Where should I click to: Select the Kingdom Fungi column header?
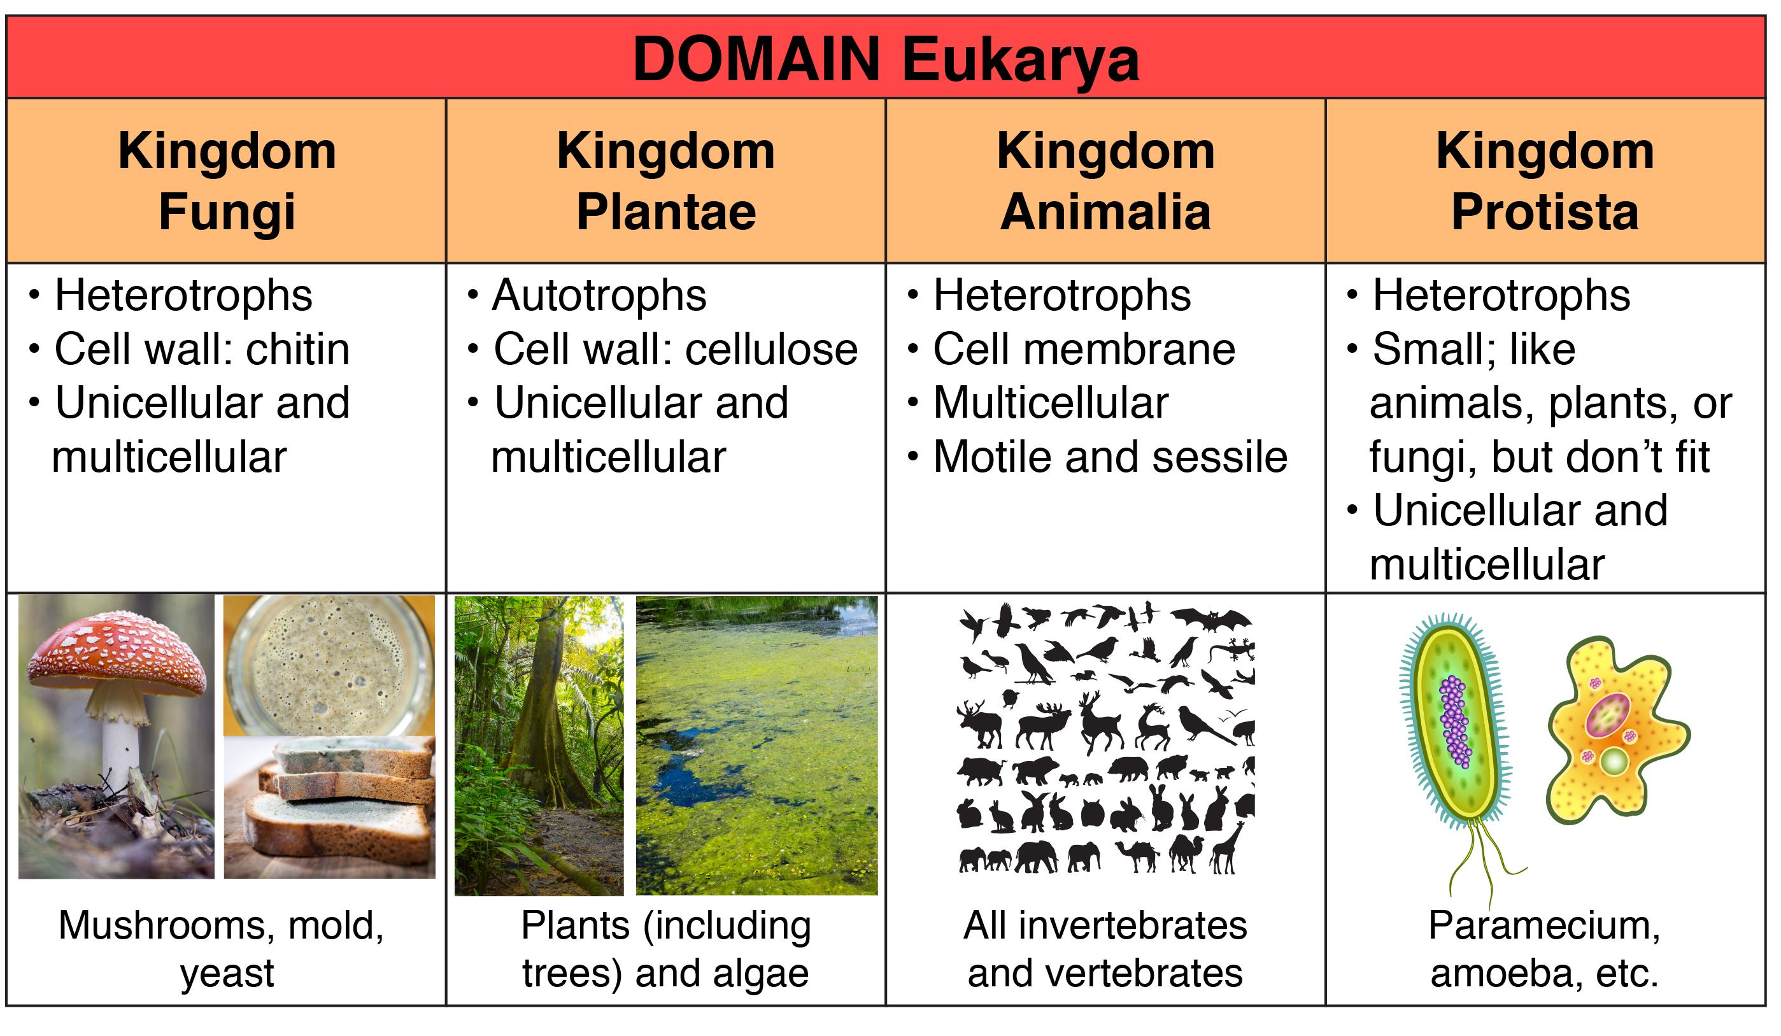(x=227, y=181)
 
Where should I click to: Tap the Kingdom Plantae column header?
(x=666, y=181)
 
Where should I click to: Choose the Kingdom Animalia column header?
(x=1105, y=181)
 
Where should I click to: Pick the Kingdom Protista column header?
(x=1545, y=181)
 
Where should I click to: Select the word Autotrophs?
(x=599, y=295)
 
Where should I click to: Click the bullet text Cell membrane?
(x=1084, y=349)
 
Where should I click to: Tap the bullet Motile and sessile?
(x=1110, y=457)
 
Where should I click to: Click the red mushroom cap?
(x=117, y=655)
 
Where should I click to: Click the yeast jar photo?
(x=329, y=665)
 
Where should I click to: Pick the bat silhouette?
(x=1210, y=620)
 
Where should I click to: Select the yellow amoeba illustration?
(x=1618, y=732)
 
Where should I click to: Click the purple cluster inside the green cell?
(x=1454, y=721)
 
